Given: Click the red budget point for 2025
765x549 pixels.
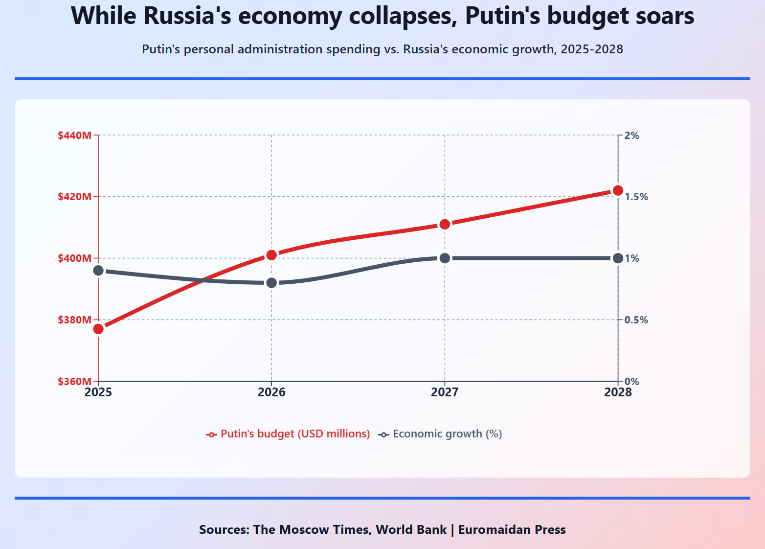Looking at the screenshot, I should coord(98,329).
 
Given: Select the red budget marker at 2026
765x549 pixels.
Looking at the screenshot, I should coord(271,255).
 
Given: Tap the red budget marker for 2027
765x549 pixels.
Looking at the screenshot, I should coord(445,224).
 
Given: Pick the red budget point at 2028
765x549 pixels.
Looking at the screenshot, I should coord(618,190).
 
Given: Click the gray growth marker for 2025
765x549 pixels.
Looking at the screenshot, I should coord(98,271).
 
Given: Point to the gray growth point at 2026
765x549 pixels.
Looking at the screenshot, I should coord(271,283).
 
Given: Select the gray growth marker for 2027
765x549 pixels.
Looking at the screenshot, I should coord(445,258).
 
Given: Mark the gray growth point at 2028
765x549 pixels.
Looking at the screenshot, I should coord(618,258).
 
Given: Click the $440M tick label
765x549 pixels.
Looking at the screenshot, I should coord(75,136).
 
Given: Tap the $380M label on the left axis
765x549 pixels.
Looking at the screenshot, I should coord(75,320).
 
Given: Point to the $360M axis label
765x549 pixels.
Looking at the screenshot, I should coord(75,382).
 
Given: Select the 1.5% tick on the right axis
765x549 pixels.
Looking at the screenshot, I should coord(636,197).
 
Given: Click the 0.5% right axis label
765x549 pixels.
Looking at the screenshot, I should coord(636,320).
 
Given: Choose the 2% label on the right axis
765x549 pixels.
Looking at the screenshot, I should coord(632,136).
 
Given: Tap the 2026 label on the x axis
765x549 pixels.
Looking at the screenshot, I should coord(271,392).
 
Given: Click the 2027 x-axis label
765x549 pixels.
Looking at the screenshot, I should coord(445,392).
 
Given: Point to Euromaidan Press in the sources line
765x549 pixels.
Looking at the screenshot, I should coord(512,530).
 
